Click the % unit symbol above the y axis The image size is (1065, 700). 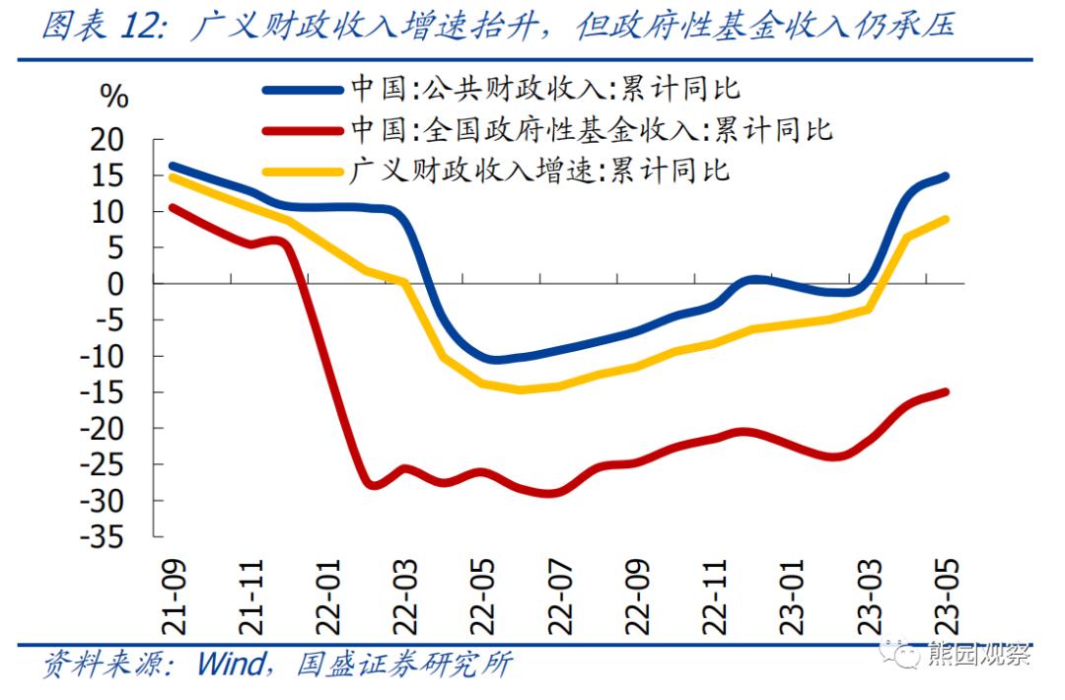pyautogui.click(x=114, y=96)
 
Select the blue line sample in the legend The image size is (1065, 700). pyautogui.click(x=303, y=90)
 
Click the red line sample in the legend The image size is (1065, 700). pyautogui.click(x=303, y=129)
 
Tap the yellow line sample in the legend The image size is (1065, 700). pyautogui.click(x=303, y=170)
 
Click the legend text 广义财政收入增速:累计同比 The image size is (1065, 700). pyautogui.click(x=540, y=170)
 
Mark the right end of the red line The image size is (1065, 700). pyautogui.click(x=947, y=391)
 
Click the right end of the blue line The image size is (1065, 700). pyautogui.click(x=947, y=176)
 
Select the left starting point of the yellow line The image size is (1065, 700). pyautogui.click(x=172, y=176)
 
